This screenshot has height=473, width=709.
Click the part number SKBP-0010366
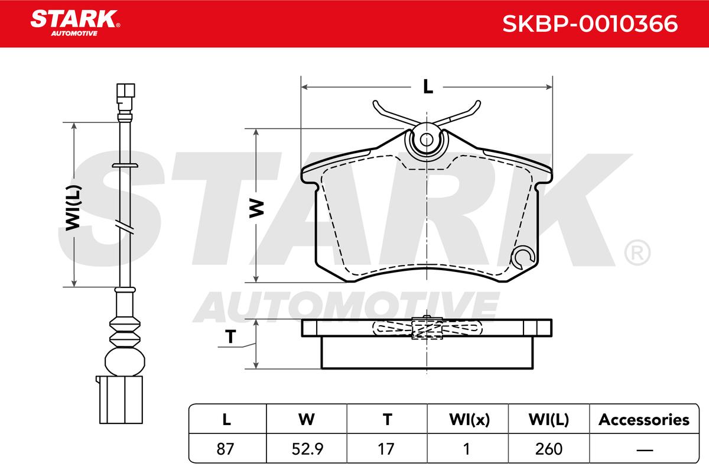tap(590, 24)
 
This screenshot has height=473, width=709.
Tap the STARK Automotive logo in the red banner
tap(75, 23)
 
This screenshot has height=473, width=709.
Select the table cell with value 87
tap(225, 449)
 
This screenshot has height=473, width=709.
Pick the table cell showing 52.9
tap(307, 449)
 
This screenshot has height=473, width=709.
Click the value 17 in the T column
tap(386, 449)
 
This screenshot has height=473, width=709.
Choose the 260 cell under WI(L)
tap(549, 449)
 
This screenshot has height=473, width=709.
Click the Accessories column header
tap(644, 420)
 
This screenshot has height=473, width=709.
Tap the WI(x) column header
tap(469, 420)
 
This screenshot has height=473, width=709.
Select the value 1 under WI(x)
tap(467, 449)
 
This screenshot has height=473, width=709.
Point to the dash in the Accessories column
tap(645, 449)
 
